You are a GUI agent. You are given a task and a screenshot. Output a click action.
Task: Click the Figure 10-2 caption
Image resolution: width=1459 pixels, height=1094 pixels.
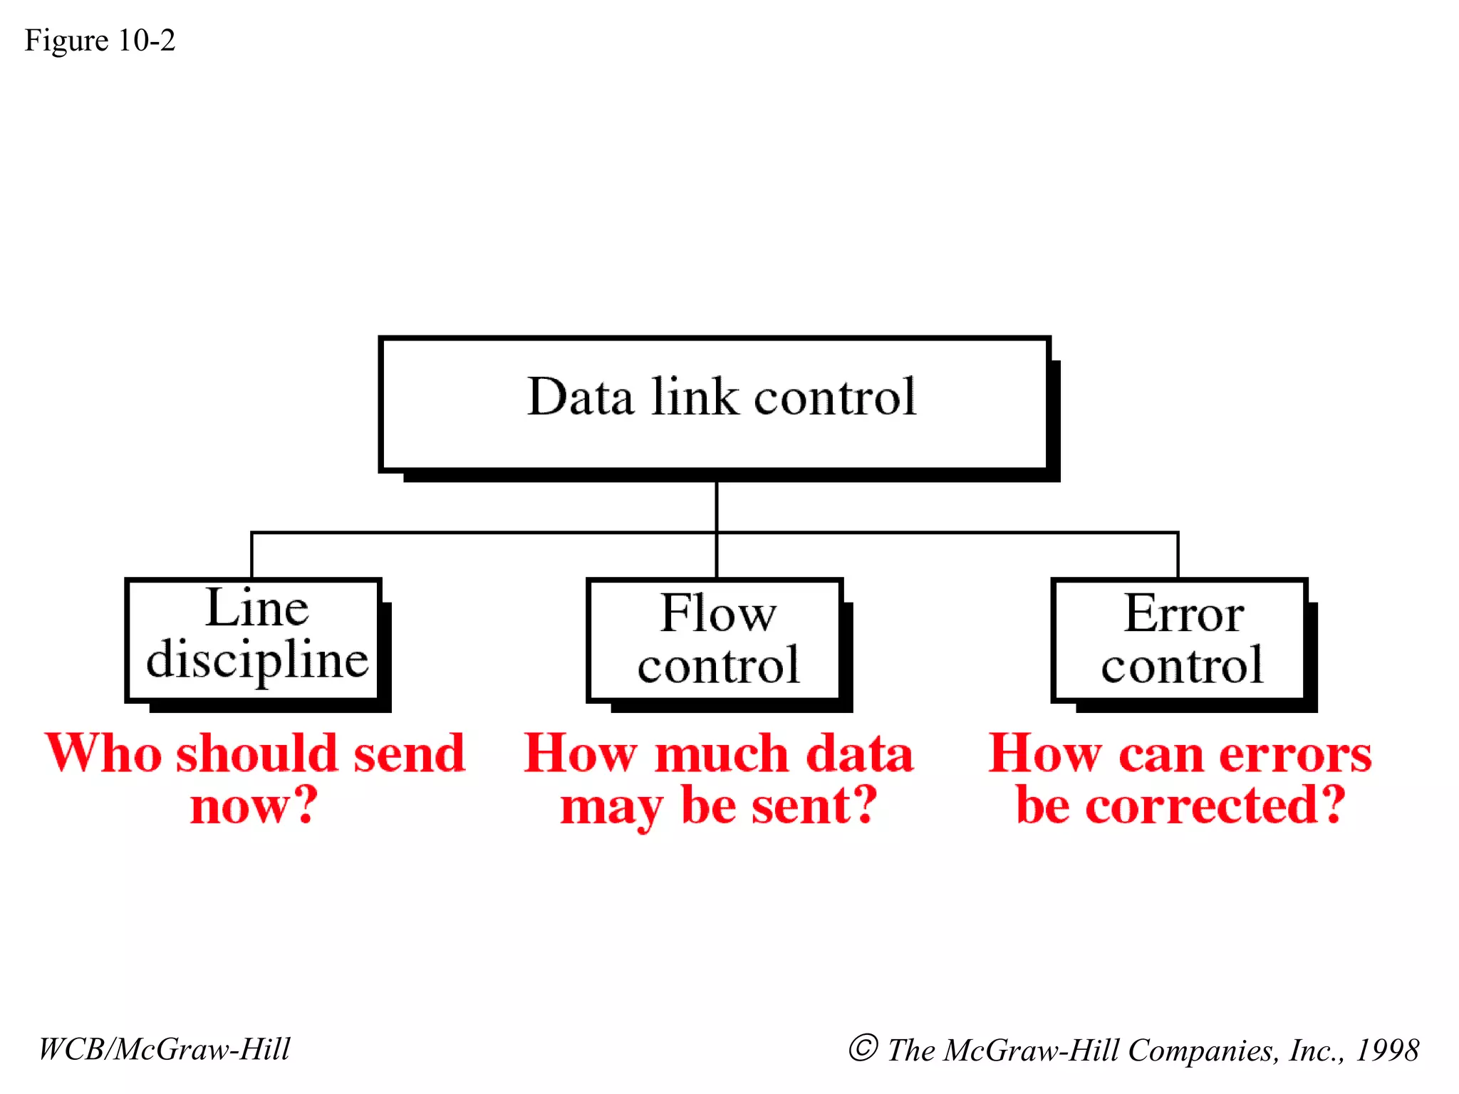[x=100, y=41]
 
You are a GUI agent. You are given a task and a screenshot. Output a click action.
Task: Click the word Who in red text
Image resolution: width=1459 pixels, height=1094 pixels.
[x=104, y=754]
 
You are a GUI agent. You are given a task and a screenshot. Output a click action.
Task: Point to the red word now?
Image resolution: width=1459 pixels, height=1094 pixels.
[x=254, y=806]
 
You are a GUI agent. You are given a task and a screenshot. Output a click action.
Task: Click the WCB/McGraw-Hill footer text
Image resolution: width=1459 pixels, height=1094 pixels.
[x=165, y=1049]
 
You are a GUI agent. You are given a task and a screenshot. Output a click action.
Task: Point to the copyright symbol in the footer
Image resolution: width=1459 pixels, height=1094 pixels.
[x=863, y=1048]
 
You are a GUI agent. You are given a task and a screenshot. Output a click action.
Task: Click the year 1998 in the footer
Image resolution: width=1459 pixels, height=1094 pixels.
[x=1387, y=1050]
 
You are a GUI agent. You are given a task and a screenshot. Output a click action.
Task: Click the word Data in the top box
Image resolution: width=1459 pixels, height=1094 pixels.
[x=580, y=397]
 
